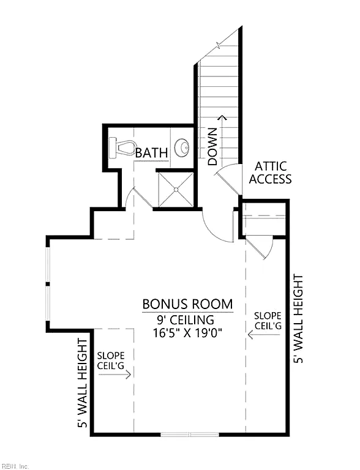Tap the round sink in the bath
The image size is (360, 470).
click(x=182, y=147)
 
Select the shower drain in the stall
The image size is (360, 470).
click(x=176, y=190)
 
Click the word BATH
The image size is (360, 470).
click(x=151, y=153)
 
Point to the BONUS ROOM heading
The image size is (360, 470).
click(x=187, y=304)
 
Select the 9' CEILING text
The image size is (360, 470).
click(x=186, y=320)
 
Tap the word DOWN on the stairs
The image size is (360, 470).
click(x=212, y=147)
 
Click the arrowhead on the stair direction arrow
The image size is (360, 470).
click(x=222, y=117)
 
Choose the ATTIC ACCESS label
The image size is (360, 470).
click(x=270, y=173)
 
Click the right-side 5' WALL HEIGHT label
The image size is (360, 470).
click(x=298, y=319)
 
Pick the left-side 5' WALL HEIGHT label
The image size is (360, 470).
click(x=82, y=382)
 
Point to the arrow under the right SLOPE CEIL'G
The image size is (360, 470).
click(x=264, y=335)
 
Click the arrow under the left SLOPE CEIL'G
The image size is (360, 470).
click(x=115, y=375)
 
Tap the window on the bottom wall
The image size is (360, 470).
click(x=190, y=435)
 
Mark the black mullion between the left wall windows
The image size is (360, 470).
click(x=48, y=283)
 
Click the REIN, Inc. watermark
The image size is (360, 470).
click(x=15, y=466)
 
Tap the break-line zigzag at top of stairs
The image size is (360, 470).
click(x=219, y=45)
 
